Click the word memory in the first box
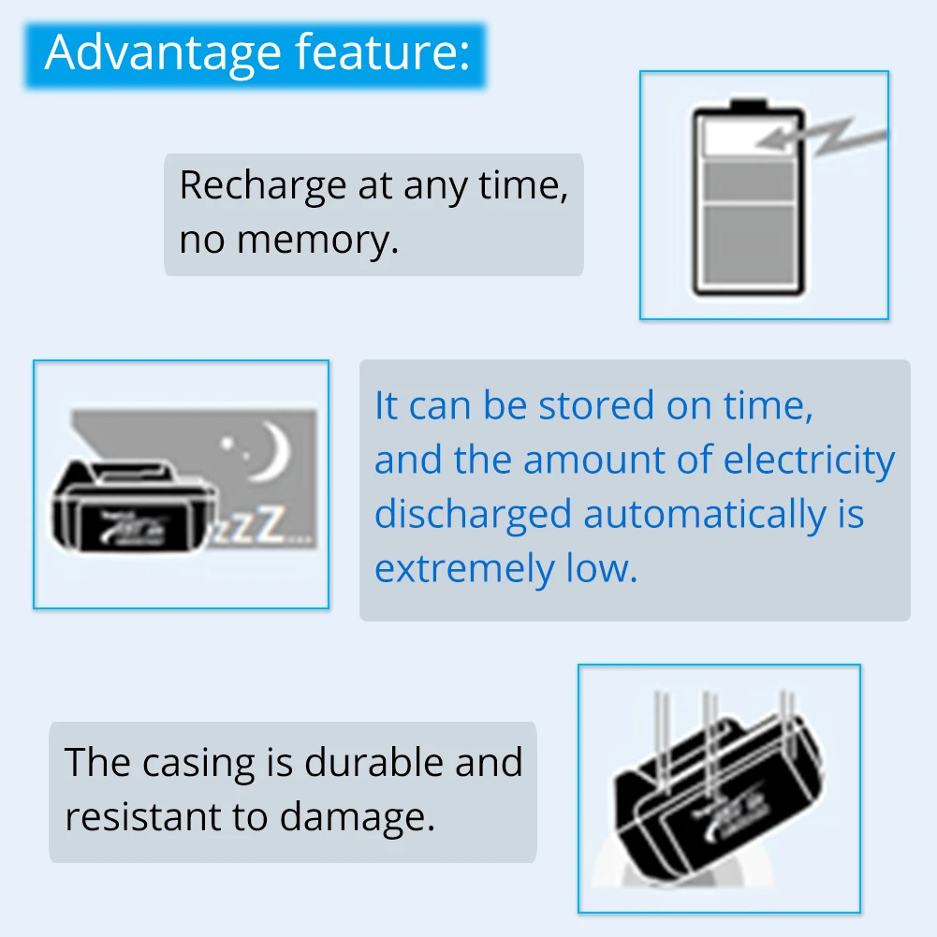click(317, 241)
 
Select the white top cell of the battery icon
click(747, 137)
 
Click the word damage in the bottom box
click(357, 817)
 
